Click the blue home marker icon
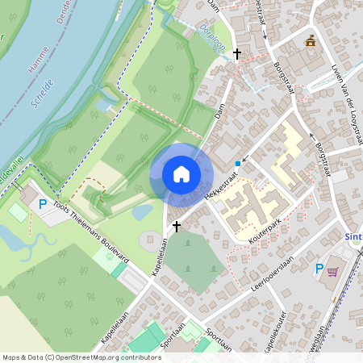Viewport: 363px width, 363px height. coord(181,173)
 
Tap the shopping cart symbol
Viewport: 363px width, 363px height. coord(332,271)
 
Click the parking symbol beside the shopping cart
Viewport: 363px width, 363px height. coord(319,269)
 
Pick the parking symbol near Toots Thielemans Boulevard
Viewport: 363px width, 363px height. coord(43,205)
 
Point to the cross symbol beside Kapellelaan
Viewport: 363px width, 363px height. coord(176,228)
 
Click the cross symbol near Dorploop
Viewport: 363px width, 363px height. coord(236,53)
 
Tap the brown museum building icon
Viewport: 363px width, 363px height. coord(311,40)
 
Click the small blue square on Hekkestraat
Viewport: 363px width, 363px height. coord(237,164)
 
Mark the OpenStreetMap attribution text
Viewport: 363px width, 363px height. coord(81,357)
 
